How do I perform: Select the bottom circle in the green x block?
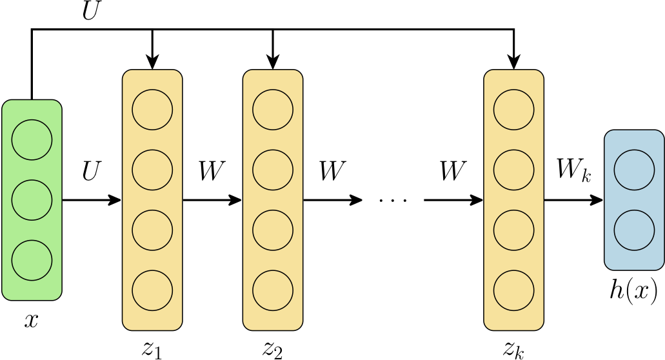coord(32,260)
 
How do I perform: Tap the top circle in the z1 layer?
coord(152,109)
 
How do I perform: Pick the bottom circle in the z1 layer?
coord(152,290)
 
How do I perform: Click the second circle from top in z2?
coord(273,170)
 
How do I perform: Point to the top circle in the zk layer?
coord(513,109)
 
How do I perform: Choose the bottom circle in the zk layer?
coord(513,290)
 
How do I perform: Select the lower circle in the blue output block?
coord(634,230)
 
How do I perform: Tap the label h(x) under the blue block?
coord(633,291)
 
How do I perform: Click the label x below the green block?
coord(31,321)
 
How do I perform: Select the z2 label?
coord(273,349)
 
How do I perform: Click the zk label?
coord(513,349)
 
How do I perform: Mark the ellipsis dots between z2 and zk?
coord(393,201)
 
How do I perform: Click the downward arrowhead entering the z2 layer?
coord(273,63)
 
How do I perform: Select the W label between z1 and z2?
coord(212,172)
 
